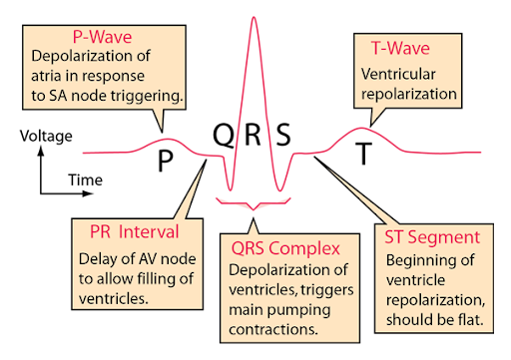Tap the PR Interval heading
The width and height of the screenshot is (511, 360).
point(127,232)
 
